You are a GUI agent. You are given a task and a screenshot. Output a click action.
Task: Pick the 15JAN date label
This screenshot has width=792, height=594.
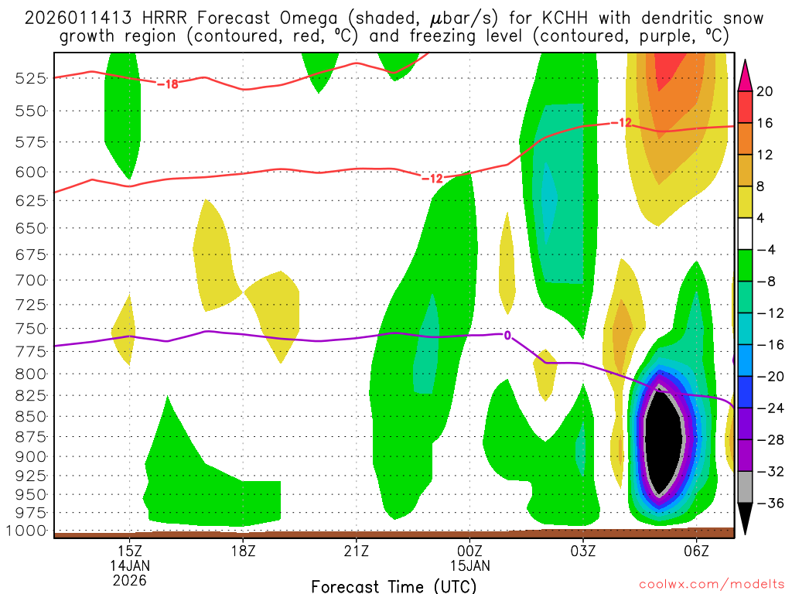click(469, 565)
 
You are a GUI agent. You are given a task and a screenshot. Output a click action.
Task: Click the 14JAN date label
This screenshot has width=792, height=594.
click(129, 565)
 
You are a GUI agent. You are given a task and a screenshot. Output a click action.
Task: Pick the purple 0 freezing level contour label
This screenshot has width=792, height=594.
click(507, 335)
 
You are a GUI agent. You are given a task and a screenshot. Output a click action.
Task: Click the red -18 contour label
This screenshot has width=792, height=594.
click(168, 84)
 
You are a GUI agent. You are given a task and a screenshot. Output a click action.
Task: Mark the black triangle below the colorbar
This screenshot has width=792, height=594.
click(745, 519)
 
